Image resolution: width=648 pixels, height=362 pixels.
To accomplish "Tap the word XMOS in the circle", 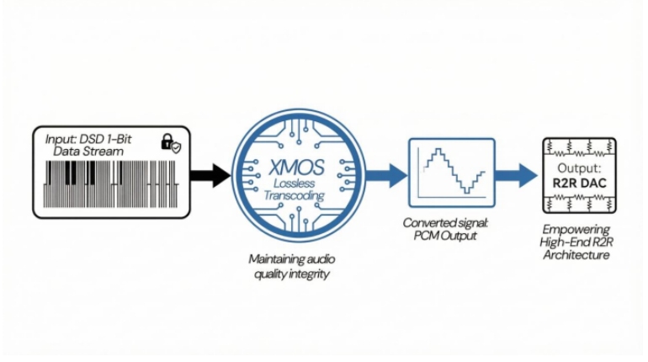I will (x=291, y=165).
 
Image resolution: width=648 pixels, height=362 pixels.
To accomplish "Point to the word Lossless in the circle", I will (x=291, y=184).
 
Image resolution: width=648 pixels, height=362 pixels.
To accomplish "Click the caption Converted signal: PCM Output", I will (x=447, y=231).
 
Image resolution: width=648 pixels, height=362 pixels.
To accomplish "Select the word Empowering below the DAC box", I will (x=576, y=228).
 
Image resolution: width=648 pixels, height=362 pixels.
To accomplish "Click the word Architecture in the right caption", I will (x=576, y=255).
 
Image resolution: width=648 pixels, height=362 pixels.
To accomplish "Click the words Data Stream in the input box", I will (x=87, y=151).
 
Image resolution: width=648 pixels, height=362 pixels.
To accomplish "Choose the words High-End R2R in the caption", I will (x=576, y=242).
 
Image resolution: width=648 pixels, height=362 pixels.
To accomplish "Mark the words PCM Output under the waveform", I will (x=447, y=237).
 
